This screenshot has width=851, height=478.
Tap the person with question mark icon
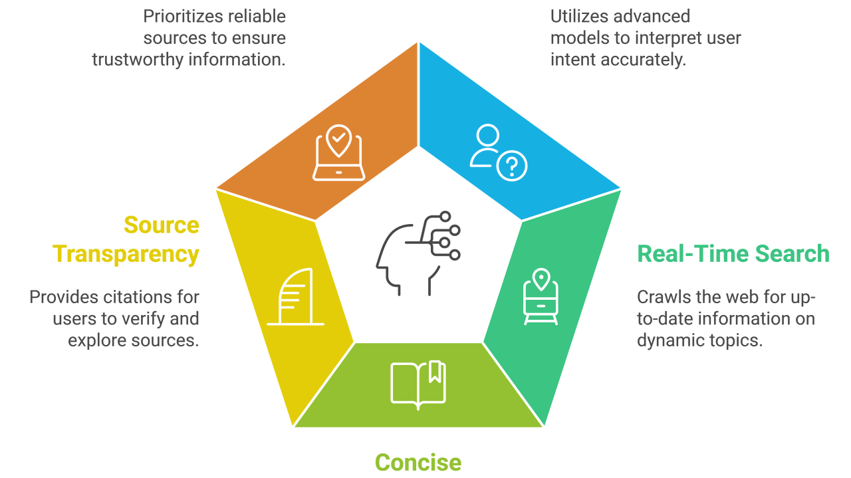(x=497, y=154)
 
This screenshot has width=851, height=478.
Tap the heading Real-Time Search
(x=733, y=254)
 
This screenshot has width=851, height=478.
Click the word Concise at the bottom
(x=418, y=462)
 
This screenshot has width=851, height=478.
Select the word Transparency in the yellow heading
(x=126, y=254)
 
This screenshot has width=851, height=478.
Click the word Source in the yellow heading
(x=162, y=225)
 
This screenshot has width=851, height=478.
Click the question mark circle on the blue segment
(x=512, y=166)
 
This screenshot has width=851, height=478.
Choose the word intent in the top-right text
(x=572, y=59)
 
